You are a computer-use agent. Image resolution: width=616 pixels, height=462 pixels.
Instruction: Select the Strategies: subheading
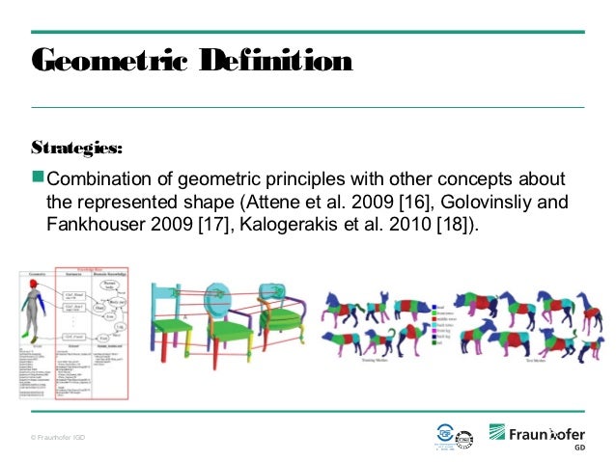click(77, 149)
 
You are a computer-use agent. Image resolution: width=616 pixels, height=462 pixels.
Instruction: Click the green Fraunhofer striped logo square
click(497, 432)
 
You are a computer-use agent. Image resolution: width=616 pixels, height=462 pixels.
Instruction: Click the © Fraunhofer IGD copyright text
click(57, 437)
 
